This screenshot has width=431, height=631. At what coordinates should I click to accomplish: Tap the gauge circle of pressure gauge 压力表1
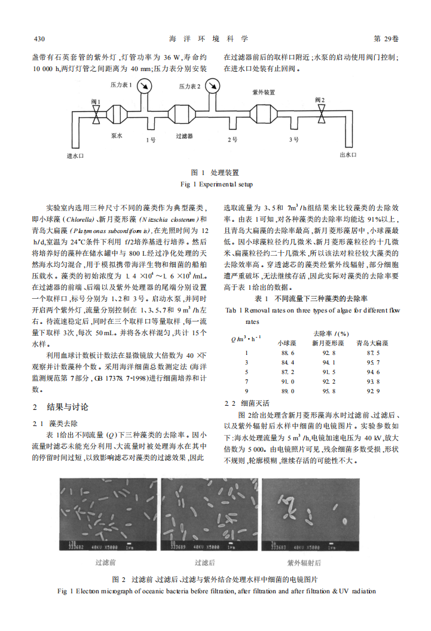click(143, 87)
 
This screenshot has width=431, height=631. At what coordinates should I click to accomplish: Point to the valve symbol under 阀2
click(322, 113)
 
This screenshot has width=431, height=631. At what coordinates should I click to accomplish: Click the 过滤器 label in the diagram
click(184, 137)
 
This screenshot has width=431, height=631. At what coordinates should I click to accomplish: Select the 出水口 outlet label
click(347, 155)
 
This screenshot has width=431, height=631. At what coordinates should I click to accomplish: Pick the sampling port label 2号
click(233, 140)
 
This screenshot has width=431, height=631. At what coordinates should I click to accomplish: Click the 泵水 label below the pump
click(116, 137)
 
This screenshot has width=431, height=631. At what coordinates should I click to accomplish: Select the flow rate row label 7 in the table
click(246, 381)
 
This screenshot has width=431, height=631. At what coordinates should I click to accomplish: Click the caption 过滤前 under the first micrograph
click(106, 563)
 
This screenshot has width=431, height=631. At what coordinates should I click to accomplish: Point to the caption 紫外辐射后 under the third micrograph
click(304, 563)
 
